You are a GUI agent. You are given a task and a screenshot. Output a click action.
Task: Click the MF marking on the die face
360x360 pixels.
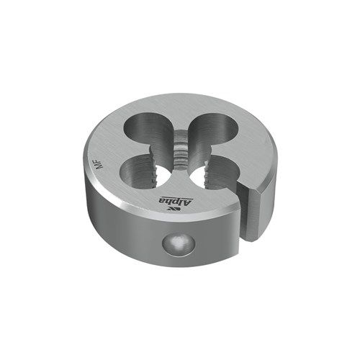tap(101, 164)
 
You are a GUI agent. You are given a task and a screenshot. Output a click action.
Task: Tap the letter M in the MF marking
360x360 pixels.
tap(101, 167)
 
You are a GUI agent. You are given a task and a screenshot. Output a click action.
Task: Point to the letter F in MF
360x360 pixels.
tap(101, 161)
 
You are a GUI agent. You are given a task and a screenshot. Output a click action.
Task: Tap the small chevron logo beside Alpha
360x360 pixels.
tap(173, 210)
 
